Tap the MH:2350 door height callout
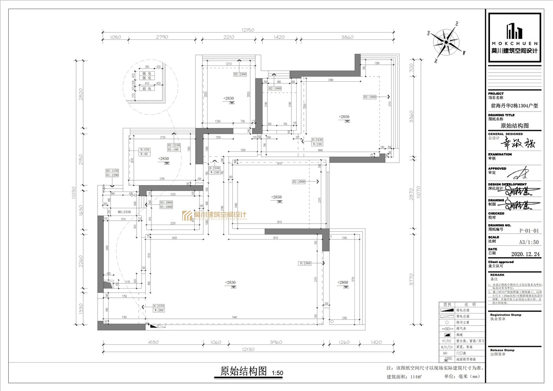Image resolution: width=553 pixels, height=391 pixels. click(x=112, y=212)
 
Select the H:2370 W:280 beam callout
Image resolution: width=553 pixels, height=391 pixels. click(x=158, y=308)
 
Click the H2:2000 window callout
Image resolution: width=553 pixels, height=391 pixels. click(x=299, y=182)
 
